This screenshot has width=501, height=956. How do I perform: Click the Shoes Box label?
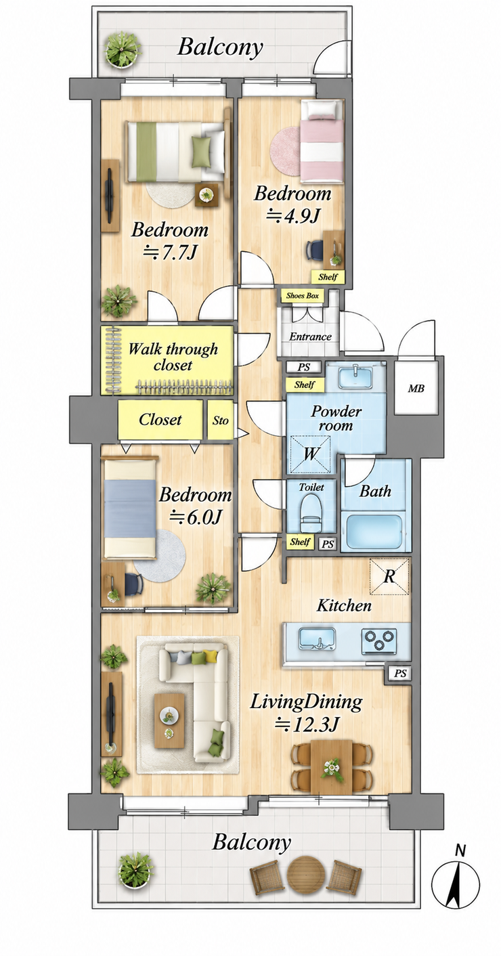(x=302, y=296)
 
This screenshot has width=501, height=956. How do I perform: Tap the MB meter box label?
(x=416, y=389)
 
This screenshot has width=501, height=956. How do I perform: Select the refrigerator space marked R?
(x=389, y=576)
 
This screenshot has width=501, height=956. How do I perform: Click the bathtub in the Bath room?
(x=374, y=532)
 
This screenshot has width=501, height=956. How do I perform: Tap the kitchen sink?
(x=317, y=638)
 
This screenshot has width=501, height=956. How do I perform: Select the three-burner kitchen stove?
(x=379, y=640)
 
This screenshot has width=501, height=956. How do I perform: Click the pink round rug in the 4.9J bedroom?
(x=286, y=151)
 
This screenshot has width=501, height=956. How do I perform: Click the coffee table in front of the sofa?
(x=169, y=721)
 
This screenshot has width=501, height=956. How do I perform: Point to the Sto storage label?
(x=220, y=421)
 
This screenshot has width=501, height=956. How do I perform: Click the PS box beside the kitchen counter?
(x=399, y=674)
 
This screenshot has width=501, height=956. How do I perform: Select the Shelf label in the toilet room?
(x=299, y=542)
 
